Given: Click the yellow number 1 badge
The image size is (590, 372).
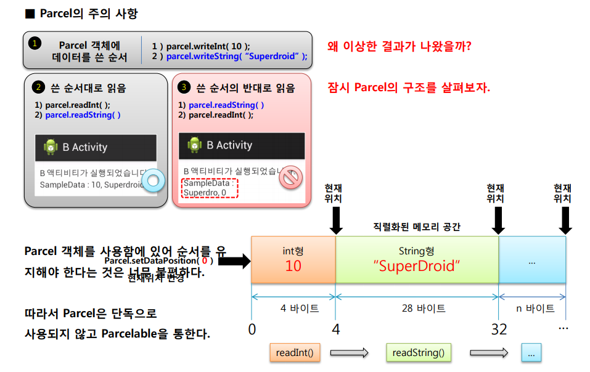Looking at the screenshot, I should pyautogui.click(x=35, y=43).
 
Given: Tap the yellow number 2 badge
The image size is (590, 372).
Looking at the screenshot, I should pyautogui.click(x=38, y=87).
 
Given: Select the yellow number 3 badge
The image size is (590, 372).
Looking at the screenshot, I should pyautogui.click(x=184, y=87).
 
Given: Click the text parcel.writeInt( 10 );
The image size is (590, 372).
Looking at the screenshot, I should pyautogui.click(x=201, y=46).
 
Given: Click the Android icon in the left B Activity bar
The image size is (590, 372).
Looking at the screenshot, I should pyautogui.click(x=51, y=147).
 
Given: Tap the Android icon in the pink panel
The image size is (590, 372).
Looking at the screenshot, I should pyautogui.click(x=195, y=145).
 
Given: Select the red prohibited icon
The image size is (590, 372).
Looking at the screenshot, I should pyautogui.click(x=289, y=179).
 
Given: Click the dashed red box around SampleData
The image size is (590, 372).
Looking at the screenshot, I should pyautogui.click(x=210, y=188).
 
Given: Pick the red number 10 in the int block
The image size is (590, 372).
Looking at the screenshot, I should pyautogui.click(x=293, y=266).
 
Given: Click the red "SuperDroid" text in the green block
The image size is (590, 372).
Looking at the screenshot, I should pyautogui.click(x=416, y=266).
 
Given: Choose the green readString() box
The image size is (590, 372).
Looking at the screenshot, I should pyautogui.click(x=418, y=353).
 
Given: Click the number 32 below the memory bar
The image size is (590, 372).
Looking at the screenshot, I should pyautogui.click(x=499, y=330).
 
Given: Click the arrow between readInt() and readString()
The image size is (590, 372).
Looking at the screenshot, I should pyautogui.click(x=349, y=353).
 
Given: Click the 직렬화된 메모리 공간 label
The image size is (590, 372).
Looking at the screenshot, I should pyautogui.click(x=417, y=227).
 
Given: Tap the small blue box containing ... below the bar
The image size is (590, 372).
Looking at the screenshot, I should pyautogui.click(x=531, y=353).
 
